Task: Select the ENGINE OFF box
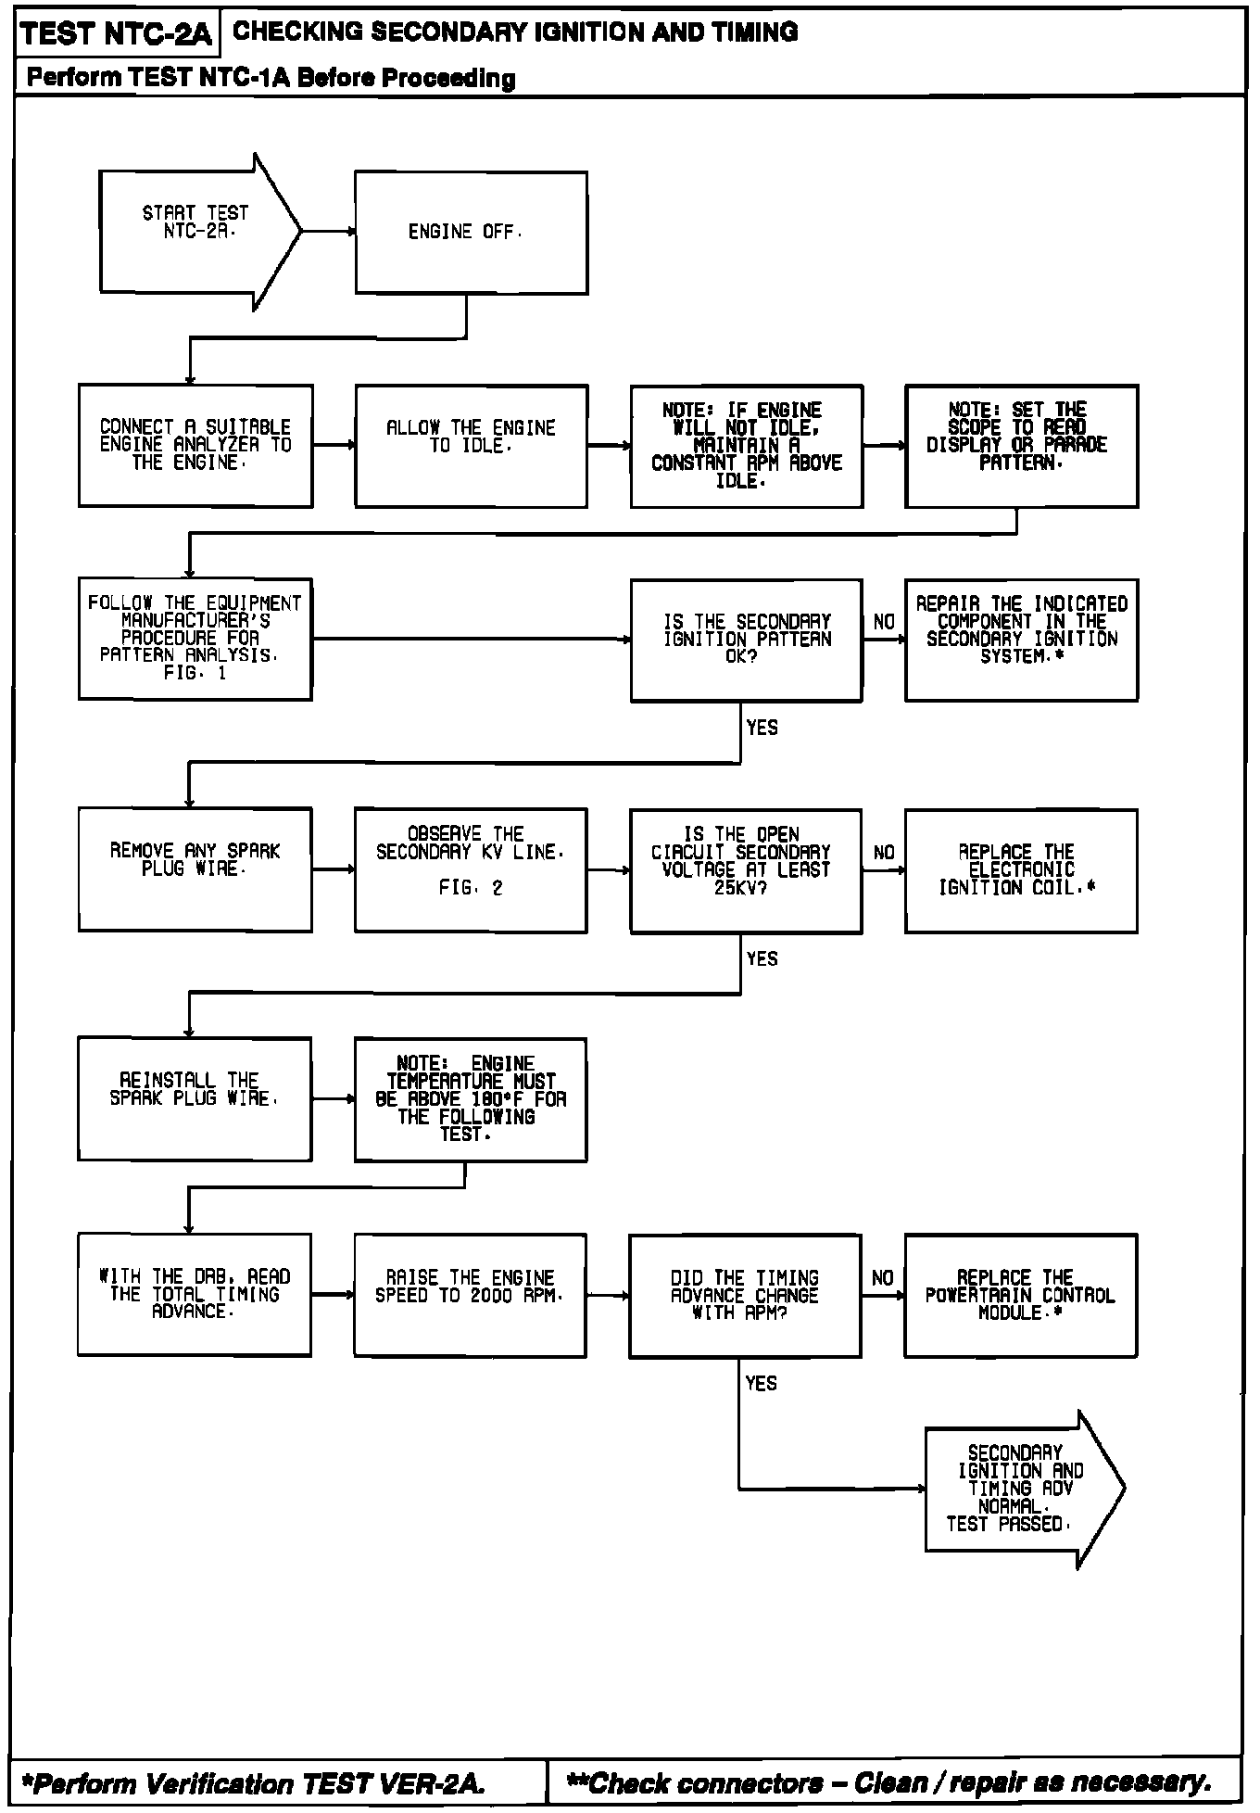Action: (x=471, y=233)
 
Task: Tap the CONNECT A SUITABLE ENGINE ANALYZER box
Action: (x=195, y=446)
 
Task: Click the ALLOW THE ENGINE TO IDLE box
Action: (x=471, y=446)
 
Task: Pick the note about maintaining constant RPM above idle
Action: (x=747, y=446)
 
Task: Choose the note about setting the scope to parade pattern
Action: (x=1021, y=446)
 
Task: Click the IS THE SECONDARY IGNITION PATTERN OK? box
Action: (x=747, y=640)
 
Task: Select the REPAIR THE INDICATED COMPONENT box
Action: (x=1021, y=640)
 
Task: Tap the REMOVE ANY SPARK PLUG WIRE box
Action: (x=195, y=869)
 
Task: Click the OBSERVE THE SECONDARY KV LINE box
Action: (x=471, y=869)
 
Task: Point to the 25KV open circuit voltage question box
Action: (x=746, y=869)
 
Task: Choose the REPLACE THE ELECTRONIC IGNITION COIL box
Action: (x=1020, y=869)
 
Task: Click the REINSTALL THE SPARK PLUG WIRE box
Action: (x=195, y=1098)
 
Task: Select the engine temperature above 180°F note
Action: (x=471, y=1098)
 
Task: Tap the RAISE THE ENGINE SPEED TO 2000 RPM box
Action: (x=470, y=1295)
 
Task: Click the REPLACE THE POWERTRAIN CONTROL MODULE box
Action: (x=1020, y=1295)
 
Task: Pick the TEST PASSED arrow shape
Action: (x=1019, y=1489)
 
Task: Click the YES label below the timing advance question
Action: (x=761, y=1383)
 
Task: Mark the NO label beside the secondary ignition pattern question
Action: (x=884, y=622)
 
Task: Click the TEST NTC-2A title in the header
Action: (x=117, y=34)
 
